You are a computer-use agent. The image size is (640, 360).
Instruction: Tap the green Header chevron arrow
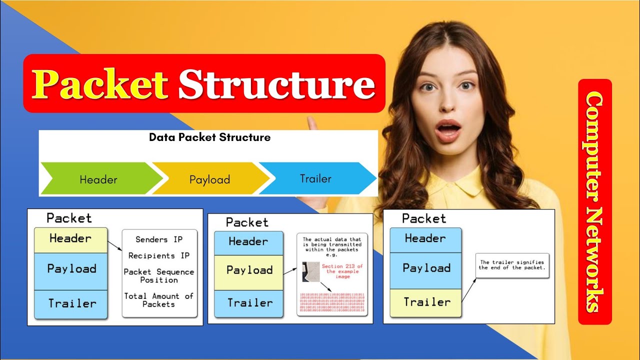(99, 179)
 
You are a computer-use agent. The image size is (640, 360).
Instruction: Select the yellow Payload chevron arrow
(209, 179)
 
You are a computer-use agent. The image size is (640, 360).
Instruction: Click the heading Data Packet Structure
(209, 137)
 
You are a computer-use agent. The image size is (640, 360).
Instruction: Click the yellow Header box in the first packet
(70, 239)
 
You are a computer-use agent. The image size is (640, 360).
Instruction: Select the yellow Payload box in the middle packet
(249, 270)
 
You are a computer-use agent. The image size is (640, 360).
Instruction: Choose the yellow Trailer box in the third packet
(425, 302)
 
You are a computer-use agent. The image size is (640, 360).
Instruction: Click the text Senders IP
(159, 239)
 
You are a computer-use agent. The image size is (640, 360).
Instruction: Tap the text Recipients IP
(159, 255)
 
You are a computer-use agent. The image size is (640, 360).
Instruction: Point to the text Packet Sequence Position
(159, 275)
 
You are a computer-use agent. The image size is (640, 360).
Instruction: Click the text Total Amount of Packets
(159, 300)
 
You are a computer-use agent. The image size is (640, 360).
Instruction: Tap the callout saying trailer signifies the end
(511, 265)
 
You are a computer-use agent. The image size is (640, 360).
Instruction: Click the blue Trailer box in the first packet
(71, 303)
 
